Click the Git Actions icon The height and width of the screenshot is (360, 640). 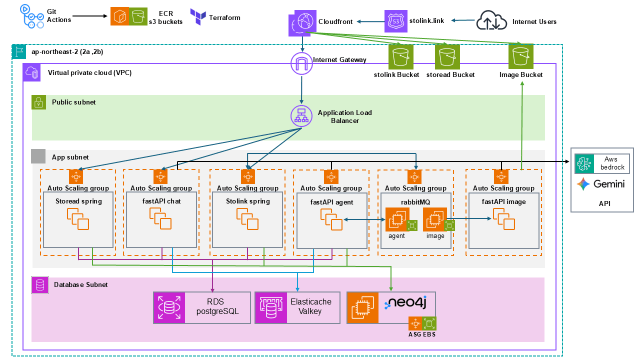(x=31, y=16)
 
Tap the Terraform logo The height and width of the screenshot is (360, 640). (x=198, y=17)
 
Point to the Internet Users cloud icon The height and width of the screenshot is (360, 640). (x=491, y=21)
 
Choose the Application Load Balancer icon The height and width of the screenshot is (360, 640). (x=301, y=115)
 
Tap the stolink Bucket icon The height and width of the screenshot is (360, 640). (x=401, y=56)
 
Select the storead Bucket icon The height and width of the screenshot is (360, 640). (x=447, y=56)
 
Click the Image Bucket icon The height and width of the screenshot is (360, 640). (x=521, y=56)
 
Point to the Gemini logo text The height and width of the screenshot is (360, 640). (x=608, y=184)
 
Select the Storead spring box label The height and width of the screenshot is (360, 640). (x=78, y=201)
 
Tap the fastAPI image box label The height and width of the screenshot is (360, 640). (x=504, y=201)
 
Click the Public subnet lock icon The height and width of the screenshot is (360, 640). (x=39, y=102)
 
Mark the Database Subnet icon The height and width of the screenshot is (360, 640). (x=39, y=285)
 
